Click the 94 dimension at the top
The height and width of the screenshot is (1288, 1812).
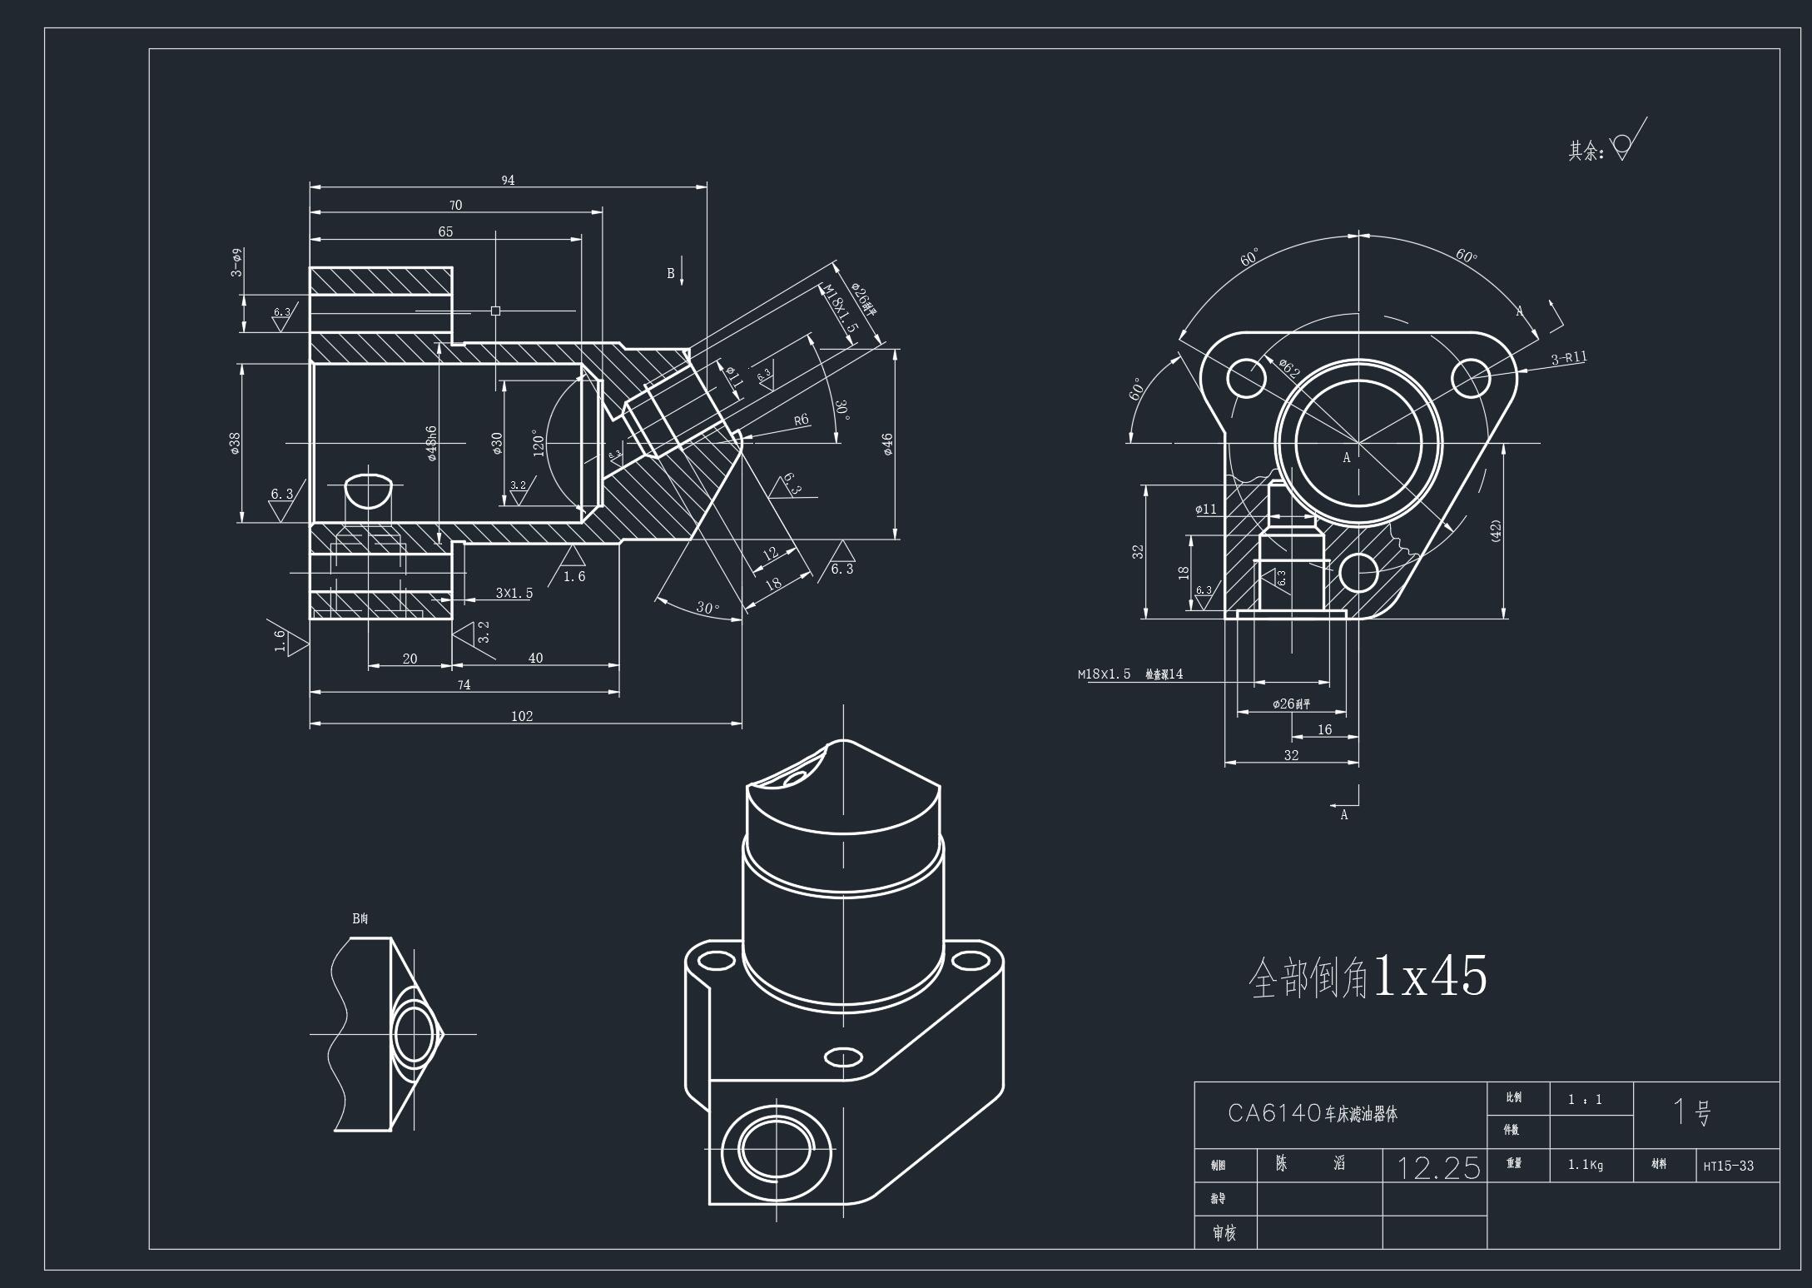[508, 180]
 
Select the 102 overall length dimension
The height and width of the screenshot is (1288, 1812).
[522, 716]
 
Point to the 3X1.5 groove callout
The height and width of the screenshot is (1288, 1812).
[514, 593]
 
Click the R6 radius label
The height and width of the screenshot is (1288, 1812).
[801, 420]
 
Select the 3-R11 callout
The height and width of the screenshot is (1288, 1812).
[1569, 359]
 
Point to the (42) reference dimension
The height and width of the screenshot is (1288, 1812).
[1496, 531]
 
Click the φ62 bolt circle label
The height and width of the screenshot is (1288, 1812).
[1288, 367]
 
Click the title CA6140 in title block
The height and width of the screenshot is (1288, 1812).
[1313, 1113]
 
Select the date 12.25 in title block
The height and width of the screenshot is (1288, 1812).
[1438, 1168]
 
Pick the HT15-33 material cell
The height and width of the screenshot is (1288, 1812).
[1728, 1166]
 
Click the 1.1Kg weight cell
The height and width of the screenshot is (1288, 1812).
[1585, 1165]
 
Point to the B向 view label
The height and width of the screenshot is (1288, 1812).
[360, 918]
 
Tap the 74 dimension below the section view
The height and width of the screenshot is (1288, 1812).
[464, 684]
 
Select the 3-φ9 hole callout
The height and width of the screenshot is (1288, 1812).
[237, 262]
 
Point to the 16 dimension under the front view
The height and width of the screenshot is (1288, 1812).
[1324, 729]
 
